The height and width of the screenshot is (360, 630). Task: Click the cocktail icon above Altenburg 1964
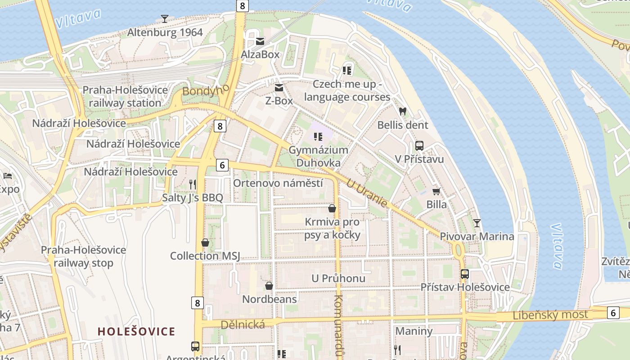click(165, 18)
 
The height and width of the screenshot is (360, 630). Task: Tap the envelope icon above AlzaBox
click(260, 41)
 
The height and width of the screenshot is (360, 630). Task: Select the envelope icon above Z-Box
click(279, 88)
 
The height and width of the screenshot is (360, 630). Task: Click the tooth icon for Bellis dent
click(402, 112)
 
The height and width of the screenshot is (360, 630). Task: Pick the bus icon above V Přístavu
click(419, 146)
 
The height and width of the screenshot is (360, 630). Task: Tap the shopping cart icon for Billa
click(436, 192)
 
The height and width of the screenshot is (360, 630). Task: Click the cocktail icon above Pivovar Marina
click(477, 223)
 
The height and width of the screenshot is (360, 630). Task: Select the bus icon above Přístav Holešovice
click(465, 274)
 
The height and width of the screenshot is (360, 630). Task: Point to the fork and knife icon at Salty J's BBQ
click(193, 184)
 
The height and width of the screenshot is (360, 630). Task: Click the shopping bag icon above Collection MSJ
click(205, 243)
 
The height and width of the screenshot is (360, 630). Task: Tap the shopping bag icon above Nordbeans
click(269, 286)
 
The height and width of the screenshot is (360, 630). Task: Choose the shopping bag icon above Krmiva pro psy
click(332, 208)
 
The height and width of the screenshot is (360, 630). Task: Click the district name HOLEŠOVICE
click(136, 332)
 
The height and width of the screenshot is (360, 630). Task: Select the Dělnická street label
click(243, 324)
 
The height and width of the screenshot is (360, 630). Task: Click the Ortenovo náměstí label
click(278, 183)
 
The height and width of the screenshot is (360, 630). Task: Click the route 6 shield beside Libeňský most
click(612, 312)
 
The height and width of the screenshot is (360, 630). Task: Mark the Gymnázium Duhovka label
click(318, 156)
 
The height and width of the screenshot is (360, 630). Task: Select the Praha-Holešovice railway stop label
click(84, 256)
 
